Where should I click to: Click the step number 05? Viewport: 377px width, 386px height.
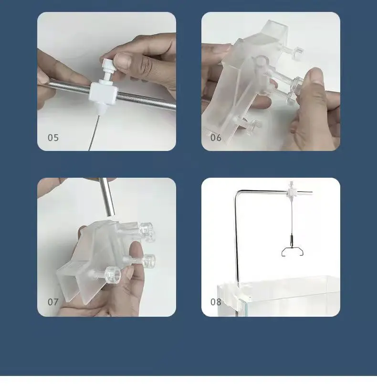coord(53,138)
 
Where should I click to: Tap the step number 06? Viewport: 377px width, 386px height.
coord(216,138)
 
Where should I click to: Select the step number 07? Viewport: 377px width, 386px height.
coord(53,302)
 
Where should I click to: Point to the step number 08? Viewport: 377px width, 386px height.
coord(216,302)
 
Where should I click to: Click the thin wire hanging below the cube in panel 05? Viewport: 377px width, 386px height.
coord(94,132)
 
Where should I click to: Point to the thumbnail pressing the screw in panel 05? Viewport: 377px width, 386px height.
coord(122,61)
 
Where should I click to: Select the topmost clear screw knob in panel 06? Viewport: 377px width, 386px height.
coord(298,52)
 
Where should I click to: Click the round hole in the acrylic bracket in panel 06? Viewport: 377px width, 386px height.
coord(261,61)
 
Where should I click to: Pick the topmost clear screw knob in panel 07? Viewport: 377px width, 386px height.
coord(146,228)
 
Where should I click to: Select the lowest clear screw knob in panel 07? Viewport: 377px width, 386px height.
coord(113,275)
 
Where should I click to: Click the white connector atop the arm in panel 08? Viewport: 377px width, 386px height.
coord(291,191)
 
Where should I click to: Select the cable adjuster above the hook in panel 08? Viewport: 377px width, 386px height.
coord(292,240)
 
